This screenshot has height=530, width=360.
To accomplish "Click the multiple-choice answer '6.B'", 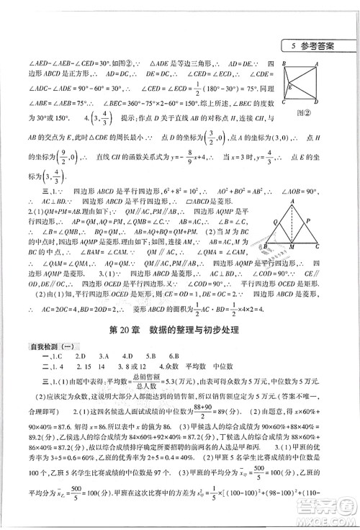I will point(175,358).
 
